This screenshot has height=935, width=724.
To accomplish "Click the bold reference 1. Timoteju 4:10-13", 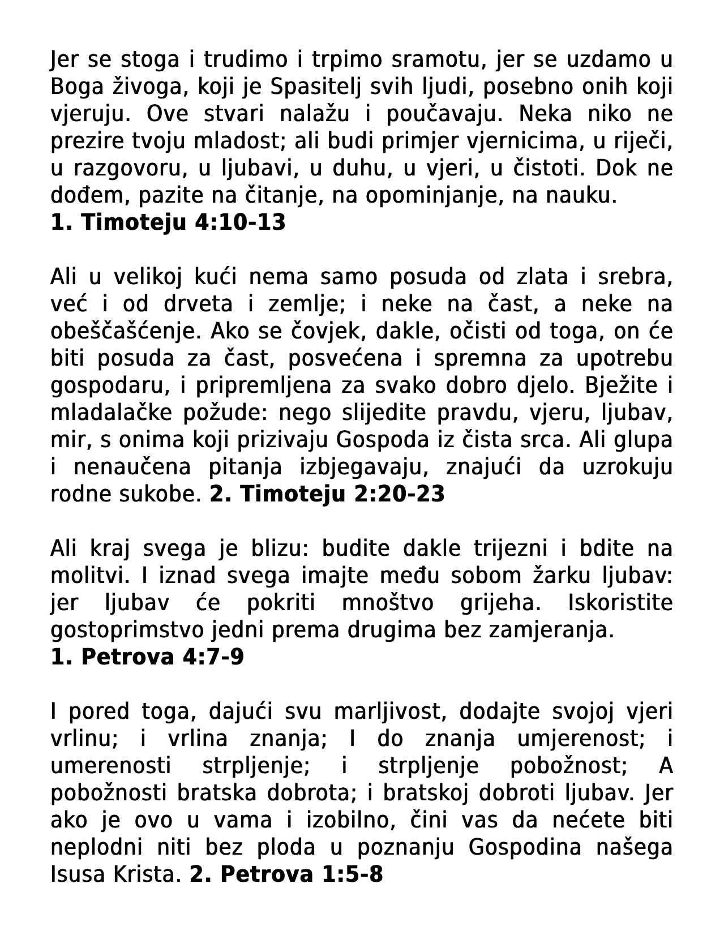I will pyautogui.click(x=168, y=222).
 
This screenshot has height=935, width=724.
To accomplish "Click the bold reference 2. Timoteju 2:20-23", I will pyautogui.click(x=327, y=494).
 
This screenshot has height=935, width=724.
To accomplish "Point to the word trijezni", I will pyautogui.click(x=506, y=548).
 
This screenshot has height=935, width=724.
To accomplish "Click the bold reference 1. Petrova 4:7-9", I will pyautogui.click(x=147, y=657).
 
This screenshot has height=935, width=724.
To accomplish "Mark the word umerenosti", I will pyautogui.click(x=111, y=766).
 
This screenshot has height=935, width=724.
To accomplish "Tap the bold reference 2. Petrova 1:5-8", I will pyautogui.click(x=286, y=874).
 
